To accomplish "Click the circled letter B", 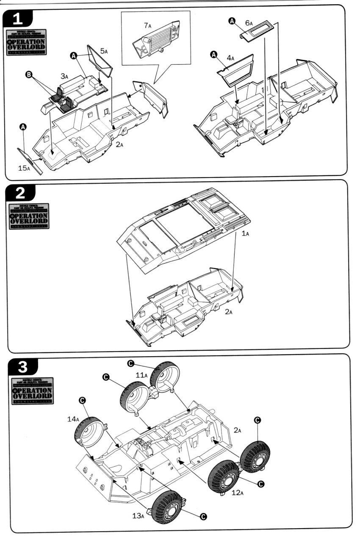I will click(29, 75).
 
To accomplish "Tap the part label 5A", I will click(104, 51).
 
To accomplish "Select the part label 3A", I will click(64, 76).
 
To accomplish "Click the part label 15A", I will click(24, 168).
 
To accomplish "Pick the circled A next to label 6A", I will click(232, 21).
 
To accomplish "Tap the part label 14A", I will click(72, 419).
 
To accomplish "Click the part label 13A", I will click(137, 515).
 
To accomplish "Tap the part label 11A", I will click(141, 375).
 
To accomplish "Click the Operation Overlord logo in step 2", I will click(28, 216).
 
